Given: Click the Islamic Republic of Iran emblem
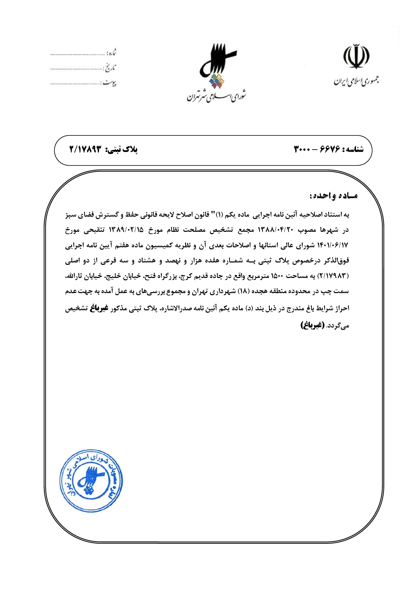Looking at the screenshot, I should (356, 56).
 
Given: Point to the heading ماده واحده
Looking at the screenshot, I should (334, 196).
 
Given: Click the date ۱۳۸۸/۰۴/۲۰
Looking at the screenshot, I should (276, 230).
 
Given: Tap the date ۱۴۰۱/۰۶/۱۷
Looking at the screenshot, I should (332, 245).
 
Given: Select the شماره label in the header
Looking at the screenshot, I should (112, 53).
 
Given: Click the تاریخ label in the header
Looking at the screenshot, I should (110, 68).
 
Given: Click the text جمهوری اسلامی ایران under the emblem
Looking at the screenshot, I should (356, 81).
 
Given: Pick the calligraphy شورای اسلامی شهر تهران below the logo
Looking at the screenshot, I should (217, 96).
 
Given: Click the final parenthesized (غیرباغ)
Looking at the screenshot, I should (312, 325).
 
